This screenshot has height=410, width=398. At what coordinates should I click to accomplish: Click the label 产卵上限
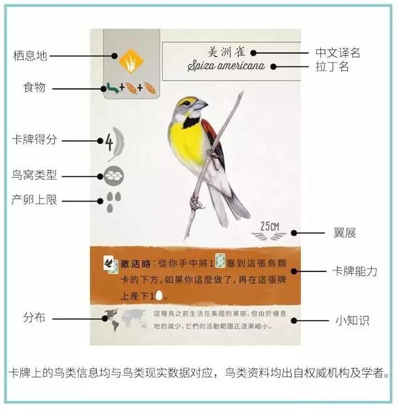coord(34,200)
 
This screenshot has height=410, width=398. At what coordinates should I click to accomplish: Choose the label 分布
coord(33,318)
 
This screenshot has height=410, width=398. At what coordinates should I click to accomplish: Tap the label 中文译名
coord(338,53)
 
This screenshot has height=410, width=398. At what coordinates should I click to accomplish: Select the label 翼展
coord(345,233)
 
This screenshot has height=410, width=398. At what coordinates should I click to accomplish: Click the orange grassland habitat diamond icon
coord(128,57)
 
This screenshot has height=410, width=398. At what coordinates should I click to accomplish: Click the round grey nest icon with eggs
coord(114,176)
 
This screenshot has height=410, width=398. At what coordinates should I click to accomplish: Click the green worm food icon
coord(112,87)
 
